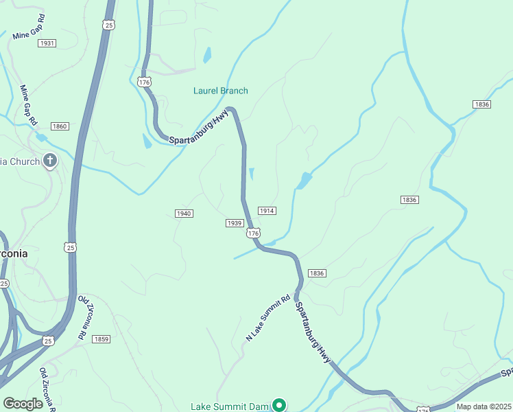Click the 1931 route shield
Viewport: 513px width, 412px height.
click(x=47, y=43)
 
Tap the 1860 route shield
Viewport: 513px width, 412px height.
click(x=60, y=126)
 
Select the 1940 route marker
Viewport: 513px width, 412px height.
click(x=184, y=214)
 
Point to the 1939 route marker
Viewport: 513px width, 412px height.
click(x=235, y=223)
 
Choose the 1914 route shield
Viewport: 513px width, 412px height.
click(x=267, y=210)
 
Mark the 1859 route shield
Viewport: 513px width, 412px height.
click(x=102, y=339)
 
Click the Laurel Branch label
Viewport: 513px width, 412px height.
click(x=221, y=91)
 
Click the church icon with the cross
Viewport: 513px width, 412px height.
click(x=49, y=161)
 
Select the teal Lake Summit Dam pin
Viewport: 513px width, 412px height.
click(x=279, y=406)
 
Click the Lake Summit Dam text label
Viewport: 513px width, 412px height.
click(x=229, y=407)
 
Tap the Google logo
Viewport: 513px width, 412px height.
click(x=23, y=404)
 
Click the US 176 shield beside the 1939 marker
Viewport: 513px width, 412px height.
click(x=254, y=233)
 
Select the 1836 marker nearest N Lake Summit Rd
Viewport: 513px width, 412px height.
click(x=317, y=273)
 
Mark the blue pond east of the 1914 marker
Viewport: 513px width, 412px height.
click(x=302, y=181)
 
